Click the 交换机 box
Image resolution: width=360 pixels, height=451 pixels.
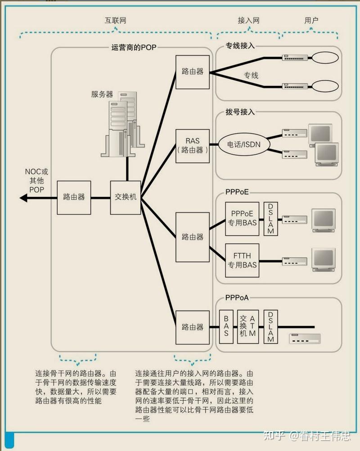(126, 197)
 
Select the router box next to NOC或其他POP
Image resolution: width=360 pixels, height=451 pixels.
(74, 197)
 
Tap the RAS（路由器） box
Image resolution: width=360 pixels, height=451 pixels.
(192, 146)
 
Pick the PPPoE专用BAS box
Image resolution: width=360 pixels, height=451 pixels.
(243, 219)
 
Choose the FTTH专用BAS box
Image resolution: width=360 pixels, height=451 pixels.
(243, 260)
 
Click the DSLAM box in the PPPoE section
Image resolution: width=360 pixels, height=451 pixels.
(271, 219)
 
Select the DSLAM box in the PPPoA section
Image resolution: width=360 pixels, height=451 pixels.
(271, 327)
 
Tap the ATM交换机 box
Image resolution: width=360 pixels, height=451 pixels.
(248, 327)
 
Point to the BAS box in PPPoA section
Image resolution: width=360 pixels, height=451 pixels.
(226, 327)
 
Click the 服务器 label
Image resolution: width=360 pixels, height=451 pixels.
(102, 94)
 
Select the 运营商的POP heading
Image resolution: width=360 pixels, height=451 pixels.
(134, 47)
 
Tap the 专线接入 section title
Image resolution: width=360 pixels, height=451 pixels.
(240, 46)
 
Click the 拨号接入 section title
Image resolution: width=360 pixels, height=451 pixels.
(240, 112)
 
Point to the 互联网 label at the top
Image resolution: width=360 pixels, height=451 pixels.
(115, 21)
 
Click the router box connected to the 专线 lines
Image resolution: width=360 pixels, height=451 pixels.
(192, 72)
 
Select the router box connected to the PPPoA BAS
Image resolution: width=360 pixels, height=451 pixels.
(192, 327)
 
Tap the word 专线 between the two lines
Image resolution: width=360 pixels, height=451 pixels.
(251, 75)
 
